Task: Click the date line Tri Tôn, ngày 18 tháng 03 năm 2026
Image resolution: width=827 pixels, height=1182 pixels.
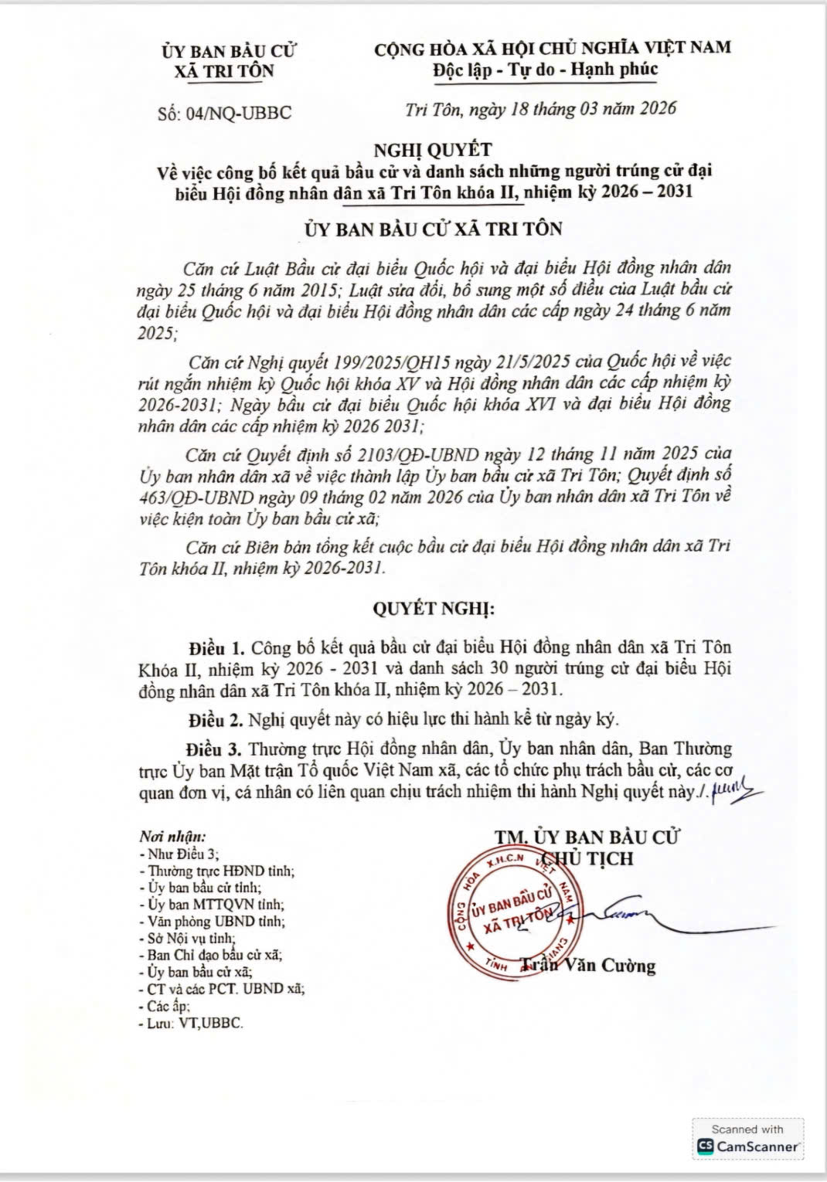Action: click(x=540, y=108)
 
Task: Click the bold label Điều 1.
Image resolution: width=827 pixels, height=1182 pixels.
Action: click(x=216, y=646)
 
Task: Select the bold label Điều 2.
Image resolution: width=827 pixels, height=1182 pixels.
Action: click(x=216, y=720)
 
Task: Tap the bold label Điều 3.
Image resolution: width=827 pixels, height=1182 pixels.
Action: click(x=216, y=749)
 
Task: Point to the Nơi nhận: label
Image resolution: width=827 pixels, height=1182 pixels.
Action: click(x=172, y=837)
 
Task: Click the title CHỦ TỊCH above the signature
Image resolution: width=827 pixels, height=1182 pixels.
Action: click(x=587, y=858)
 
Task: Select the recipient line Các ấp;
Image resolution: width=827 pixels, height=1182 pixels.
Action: click(x=165, y=1006)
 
